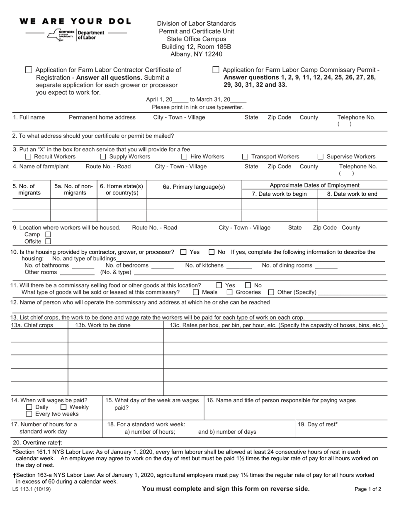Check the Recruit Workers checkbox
[28, 157]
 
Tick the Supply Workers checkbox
[103, 157]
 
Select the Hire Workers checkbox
[185, 157]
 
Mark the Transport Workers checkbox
[245, 157]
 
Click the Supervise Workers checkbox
[321, 157]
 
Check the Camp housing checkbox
[48, 235]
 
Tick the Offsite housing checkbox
[48, 241]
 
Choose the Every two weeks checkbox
[29, 414]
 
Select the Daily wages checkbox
[29, 407]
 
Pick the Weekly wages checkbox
[64, 407]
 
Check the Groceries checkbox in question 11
[230, 292]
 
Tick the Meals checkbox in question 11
[196, 292]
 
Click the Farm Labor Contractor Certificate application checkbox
[29, 70]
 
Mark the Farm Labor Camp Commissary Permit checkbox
[216, 70]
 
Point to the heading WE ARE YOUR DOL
[75, 21]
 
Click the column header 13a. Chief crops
[32, 325]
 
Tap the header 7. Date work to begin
[279, 194]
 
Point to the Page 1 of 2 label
[368, 489]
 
